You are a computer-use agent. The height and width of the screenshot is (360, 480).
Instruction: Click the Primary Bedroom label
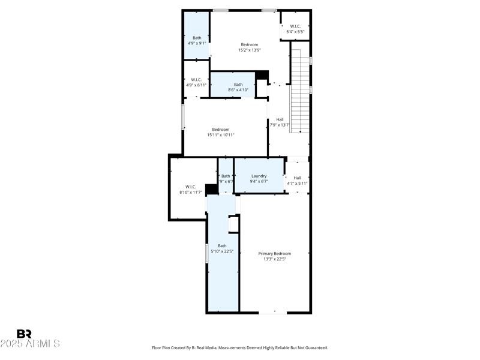point(274,254)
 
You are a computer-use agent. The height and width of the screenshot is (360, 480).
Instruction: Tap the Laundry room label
point(259,176)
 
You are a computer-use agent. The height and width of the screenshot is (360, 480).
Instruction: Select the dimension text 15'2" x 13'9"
point(249,50)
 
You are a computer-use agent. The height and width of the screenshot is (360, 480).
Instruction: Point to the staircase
point(300,90)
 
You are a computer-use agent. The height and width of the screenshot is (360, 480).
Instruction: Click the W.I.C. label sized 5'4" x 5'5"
point(295,26)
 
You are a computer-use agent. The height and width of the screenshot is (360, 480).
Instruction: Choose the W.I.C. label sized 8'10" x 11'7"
point(191,187)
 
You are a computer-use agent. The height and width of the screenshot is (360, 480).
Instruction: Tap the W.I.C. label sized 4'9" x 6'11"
point(196,80)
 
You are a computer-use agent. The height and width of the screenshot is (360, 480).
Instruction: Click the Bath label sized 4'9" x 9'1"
point(197,38)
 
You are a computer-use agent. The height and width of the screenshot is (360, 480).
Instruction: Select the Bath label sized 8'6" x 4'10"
point(238,85)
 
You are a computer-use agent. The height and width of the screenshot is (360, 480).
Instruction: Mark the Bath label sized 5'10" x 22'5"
point(222,245)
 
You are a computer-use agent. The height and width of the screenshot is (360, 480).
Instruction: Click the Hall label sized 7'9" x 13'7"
point(280,119)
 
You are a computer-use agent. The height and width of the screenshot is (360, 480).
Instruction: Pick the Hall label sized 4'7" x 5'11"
point(297,178)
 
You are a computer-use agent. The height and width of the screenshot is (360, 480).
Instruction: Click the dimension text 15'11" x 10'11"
point(220,135)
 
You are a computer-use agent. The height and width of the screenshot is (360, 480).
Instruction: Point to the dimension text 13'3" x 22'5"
point(274,259)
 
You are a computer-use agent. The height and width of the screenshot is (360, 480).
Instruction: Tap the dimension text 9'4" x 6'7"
point(259,181)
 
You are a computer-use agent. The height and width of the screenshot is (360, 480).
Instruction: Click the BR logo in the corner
point(24,334)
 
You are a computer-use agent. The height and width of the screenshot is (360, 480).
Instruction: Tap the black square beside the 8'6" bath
point(262,75)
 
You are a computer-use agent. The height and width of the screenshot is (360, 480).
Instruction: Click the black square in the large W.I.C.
point(211,190)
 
